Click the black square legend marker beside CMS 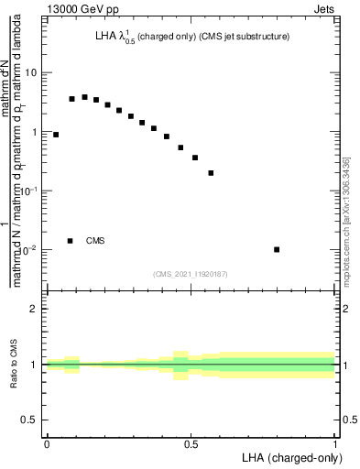[71, 241]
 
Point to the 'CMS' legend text [95, 241]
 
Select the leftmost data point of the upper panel [56, 135]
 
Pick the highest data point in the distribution [84, 97]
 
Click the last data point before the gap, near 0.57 [211, 172]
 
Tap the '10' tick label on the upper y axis [30, 72]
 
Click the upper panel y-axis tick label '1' [33, 132]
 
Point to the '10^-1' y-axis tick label [28, 191]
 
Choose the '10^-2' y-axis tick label [28, 250]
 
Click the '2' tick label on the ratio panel [34, 309]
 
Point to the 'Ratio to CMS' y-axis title [14, 365]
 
